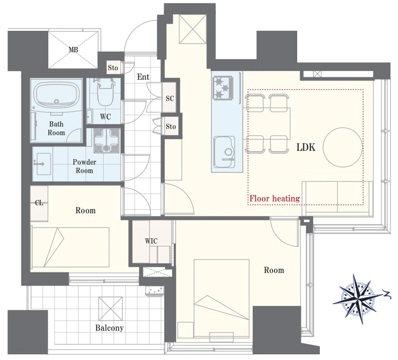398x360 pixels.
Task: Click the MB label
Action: pos(73,50)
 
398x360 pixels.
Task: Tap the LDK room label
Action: pos(306,147)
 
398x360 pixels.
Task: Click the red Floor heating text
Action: pos(274,198)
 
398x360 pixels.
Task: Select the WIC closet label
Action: pos(151,241)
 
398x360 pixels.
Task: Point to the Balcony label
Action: pos(109,328)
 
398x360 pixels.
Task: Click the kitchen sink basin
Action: pos(224,152)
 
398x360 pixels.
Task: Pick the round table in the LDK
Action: pos(343,147)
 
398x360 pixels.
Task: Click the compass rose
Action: pos(357,299)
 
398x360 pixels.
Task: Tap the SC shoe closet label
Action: pos(170,99)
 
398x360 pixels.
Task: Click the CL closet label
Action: pos(39,203)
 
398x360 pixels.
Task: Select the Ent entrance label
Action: pos(143,77)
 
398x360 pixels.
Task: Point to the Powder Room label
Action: pos(84,166)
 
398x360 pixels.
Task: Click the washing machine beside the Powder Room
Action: pos(106,140)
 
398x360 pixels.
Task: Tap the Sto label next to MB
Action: pos(113,68)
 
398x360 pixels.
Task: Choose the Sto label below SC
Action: pos(171,126)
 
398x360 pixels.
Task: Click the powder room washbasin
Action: pos(44,163)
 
